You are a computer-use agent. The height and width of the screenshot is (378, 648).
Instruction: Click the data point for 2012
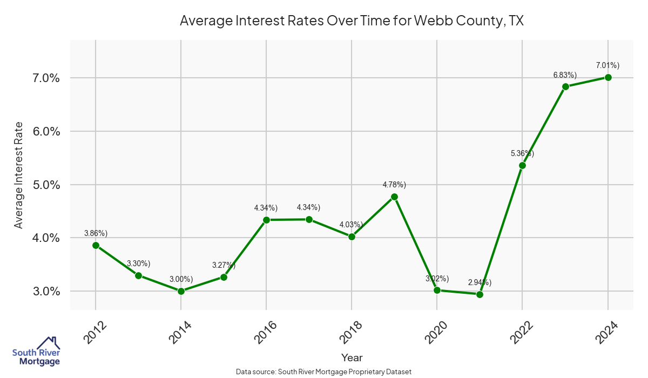point(96,245)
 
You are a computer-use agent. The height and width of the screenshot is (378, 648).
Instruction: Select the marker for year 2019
point(394,197)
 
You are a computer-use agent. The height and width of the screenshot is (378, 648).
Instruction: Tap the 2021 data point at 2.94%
point(480,294)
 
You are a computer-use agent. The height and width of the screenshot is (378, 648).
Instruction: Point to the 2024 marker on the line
point(608,77)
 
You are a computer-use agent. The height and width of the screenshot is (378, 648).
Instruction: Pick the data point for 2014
point(181,291)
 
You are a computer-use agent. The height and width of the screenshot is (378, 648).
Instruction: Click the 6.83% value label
point(565,75)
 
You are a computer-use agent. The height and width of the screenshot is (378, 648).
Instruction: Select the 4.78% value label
point(394,185)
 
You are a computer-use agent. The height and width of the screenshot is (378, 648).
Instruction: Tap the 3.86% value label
point(96,233)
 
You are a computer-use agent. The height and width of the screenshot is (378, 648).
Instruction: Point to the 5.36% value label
point(522,153)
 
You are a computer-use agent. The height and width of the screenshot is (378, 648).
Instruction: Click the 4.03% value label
point(352,225)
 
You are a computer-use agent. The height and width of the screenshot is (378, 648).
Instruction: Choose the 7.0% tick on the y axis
point(42,78)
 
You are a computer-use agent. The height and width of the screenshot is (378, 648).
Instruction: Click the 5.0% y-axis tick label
point(42,185)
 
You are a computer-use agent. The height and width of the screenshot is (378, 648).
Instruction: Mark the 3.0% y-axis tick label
point(42,292)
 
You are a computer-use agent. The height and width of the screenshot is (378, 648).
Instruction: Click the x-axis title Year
point(352,357)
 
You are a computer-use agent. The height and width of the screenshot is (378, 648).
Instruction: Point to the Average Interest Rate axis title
point(19,175)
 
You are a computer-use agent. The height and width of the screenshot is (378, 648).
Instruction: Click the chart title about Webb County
point(352,21)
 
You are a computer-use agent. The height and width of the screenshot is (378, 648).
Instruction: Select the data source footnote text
point(324,372)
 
